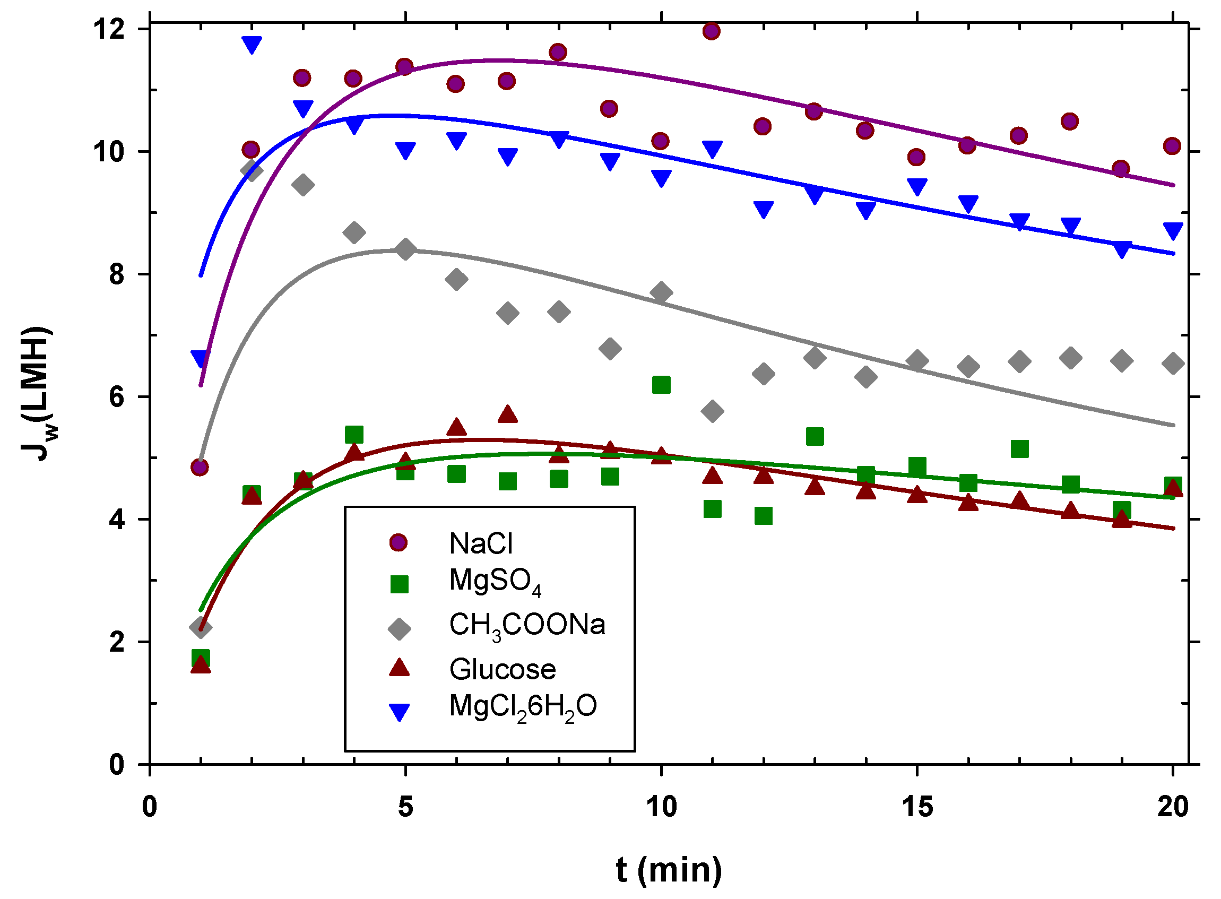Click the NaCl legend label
point(480,543)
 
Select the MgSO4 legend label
point(495,581)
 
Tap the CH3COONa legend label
point(527,625)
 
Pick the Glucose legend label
point(502,669)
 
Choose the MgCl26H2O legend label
point(522,707)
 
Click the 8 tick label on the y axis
point(116,274)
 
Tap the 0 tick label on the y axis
point(116,765)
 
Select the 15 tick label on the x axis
point(917,807)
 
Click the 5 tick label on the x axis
point(405,807)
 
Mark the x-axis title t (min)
point(669,870)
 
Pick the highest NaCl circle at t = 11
point(711,31)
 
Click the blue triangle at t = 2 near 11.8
point(252,44)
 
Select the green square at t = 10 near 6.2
point(661,385)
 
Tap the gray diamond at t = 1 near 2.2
point(200,627)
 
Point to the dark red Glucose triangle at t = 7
point(508,414)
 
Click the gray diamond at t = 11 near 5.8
point(712,411)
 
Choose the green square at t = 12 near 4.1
point(764,515)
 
